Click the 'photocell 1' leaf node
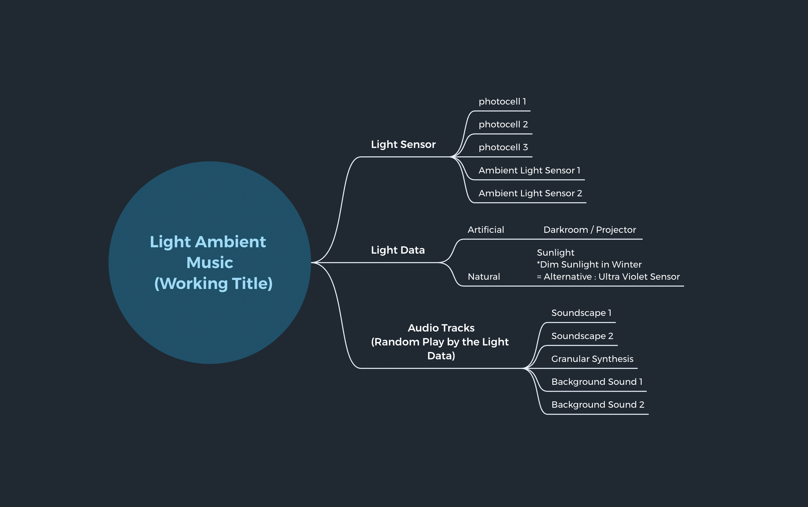pyautogui.click(x=502, y=102)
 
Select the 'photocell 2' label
pyautogui.click(x=503, y=125)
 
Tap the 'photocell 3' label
pyautogui.click(x=503, y=147)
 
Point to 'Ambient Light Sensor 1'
pyautogui.click(x=529, y=170)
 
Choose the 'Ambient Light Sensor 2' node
pyautogui.click(x=530, y=193)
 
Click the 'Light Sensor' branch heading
pyautogui.click(x=403, y=144)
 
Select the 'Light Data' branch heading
pyautogui.click(x=397, y=250)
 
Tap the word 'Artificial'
pyautogui.click(x=486, y=230)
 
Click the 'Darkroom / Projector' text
pyautogui.click(x=589, y=230)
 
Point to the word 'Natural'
pyautogui.click(x=484, y=277)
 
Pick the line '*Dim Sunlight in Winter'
pyautogui.click(x=589, y=265)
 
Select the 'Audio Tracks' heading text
pyautogui.click(x=441, y=328)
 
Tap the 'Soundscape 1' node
pyautogui.click(x=581, y=313)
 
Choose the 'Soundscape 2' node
pyautogui.click(x=582, y=336)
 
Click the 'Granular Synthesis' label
pyautogui.click(x=592, y=359)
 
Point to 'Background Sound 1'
pyautogui.click(x=597, y=382)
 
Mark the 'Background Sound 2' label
pyautogui.click(x=598, y=405)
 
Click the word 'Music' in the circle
pyautogui.click(x=210, y=263)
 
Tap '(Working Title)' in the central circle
pyautogui.click(x=213, y=283)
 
